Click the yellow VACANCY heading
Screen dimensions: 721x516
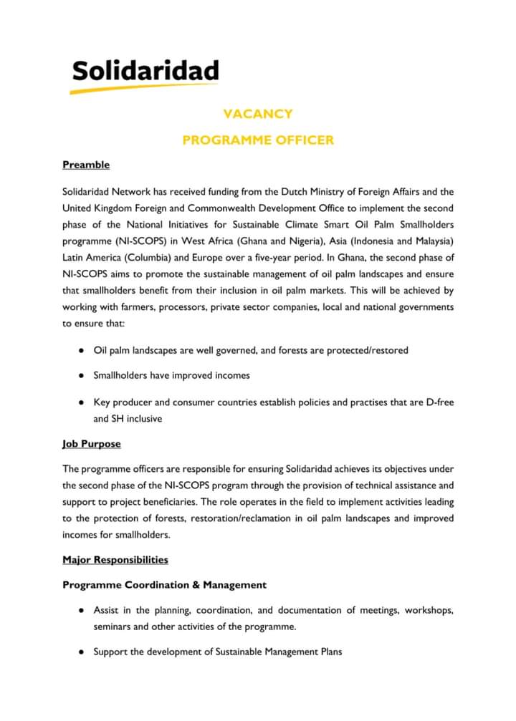(x=258, y=114)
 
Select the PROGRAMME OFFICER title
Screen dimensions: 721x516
(x=258, y=140)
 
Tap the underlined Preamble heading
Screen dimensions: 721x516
(x=86, y=165)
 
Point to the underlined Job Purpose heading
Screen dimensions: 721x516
(x=92, y=444)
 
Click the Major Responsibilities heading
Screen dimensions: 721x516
(x=115, y=559)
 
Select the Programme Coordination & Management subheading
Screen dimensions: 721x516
(x=164, y=585)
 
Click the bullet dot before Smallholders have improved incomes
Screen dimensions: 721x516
(x=83, y=375)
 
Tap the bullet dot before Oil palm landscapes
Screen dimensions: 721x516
(x=83, y=350)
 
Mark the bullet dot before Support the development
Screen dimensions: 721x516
(x=83, y=652)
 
